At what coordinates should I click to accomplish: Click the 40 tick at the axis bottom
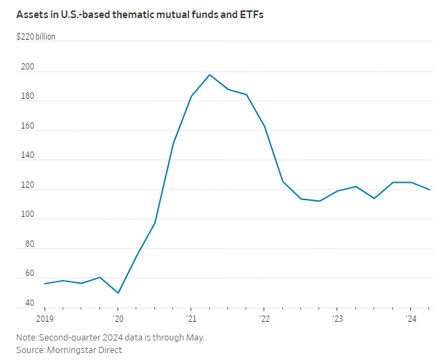[29, 304]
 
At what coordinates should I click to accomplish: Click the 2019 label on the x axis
[45, 319]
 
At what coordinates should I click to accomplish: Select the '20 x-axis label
[118, 319]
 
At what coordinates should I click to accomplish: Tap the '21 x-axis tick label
[191, 319]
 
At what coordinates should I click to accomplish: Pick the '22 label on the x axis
[264, 319]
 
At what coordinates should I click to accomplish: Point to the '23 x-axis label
[337, 319]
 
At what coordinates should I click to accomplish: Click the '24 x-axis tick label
[410, 319]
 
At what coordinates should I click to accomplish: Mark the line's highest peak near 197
[209, 74]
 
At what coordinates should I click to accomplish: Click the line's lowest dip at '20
[118, 293]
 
